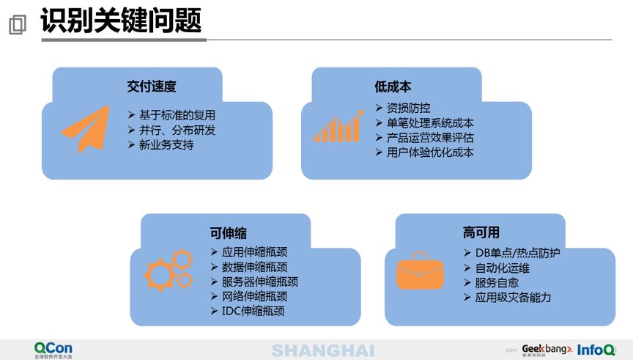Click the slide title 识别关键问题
(x=121, y=21)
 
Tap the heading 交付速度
(x=152, y=87)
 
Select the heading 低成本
(x=393, y=87)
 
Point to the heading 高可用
(x=481, y=232)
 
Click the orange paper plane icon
(x=84, y=129)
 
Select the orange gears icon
(x=169, y=271)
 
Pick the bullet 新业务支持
(x=166, y=145)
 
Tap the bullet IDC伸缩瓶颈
(x=253, y=311)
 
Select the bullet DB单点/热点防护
(x=512, y=253)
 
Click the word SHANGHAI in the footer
(x=322, y=350)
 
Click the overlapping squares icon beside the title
(x=17, y=25)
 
